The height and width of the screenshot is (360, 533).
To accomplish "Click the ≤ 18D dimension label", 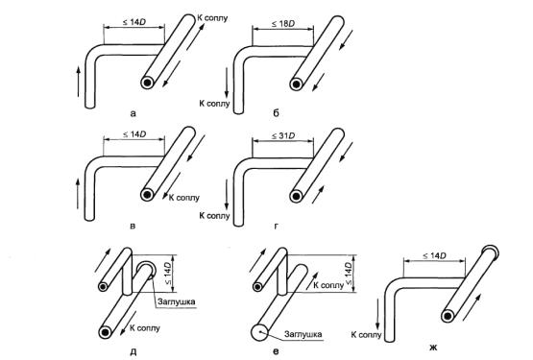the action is (282, 24).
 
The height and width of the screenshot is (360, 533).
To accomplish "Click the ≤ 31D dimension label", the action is (282, 136).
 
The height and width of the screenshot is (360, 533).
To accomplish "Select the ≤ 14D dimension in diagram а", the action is (134, 22).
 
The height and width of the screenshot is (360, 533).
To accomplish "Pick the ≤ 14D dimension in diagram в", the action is (134, 134).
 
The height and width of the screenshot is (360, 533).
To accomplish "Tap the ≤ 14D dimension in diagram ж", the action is (434, 255).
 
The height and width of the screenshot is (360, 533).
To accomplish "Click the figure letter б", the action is (276, 112).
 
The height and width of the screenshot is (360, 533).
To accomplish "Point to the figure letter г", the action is (276, 226).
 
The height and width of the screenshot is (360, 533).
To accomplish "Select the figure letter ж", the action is (433, 348).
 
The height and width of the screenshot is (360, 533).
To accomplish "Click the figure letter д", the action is (133, 352).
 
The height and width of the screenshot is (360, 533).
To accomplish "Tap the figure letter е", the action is (276, 351).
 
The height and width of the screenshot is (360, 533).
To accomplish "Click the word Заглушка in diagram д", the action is (177, 301).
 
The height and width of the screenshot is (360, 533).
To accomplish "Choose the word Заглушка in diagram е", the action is (303, 334).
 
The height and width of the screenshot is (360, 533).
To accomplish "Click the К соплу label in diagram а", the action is (212, 17).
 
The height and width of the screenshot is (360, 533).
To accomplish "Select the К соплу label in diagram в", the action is (184, 198).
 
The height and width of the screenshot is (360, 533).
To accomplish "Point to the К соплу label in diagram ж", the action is (367, 335).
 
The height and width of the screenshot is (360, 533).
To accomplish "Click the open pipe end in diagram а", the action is (148, 83).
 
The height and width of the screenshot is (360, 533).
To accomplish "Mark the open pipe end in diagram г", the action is (296, 196).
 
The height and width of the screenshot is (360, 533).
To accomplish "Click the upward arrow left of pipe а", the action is (78, 82).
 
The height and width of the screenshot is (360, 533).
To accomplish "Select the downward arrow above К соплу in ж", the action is (377, 313).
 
